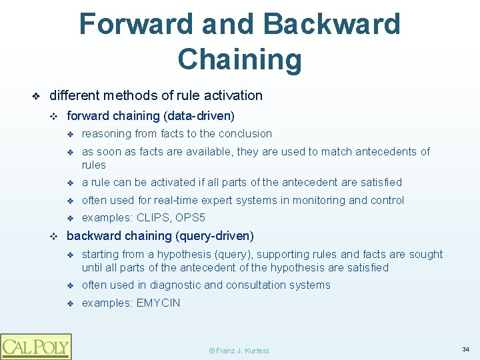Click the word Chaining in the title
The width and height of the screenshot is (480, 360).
pyautogui.click(x=239, y=59)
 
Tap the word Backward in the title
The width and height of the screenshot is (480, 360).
pyautogui.click(x=331, y=25)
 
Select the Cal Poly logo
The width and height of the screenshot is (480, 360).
pyautogui.click(x=36, y=346)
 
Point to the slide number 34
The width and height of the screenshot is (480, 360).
pyautogui.click(x=465, y=349)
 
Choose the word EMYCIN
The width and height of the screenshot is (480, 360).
pyautogui.click(x=158, y=303)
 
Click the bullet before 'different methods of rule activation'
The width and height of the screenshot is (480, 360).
pyautogui.click(x=37, y=96)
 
